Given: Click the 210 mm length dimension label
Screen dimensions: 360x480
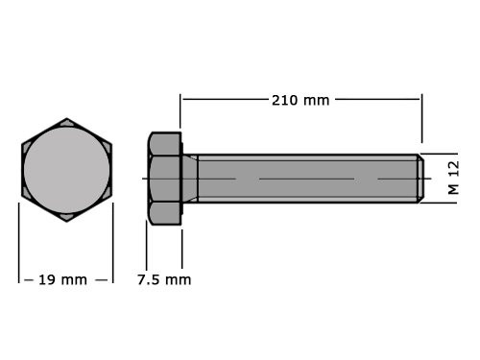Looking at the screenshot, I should [x=300, y=99].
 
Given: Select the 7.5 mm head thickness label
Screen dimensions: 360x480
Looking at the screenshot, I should [x=163, y=280].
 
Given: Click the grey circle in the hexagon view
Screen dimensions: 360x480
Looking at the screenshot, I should [x=66, y=170].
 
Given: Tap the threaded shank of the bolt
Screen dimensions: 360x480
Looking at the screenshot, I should [x=307, y=178].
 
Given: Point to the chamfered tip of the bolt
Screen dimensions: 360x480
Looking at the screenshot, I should [x=419, y=178].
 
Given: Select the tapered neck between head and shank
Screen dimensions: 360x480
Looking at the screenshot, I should [x=190, y=178].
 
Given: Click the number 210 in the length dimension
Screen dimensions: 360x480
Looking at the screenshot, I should [x=285, y=99].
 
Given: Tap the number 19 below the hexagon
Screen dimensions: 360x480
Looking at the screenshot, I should [x=46, y=280].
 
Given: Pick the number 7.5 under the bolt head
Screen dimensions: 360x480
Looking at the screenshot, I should [x=149, y=280].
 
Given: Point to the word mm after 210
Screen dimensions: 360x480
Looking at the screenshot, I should [x=316, y=99].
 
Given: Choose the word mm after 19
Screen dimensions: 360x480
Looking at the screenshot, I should [x=73, y=280].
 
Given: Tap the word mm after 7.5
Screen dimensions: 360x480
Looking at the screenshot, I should [x=178, y=280].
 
